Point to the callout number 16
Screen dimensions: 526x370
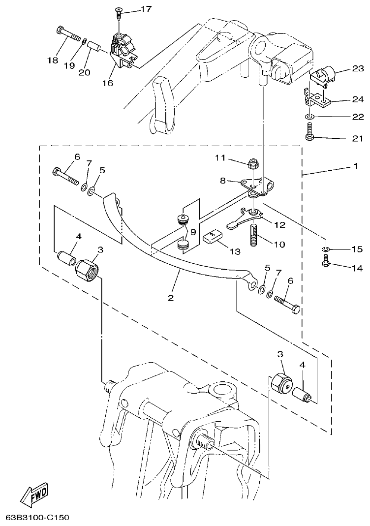(x=108, y=83)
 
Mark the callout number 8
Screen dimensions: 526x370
(x=223, y=181)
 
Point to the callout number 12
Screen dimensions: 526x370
(x=280, y=225)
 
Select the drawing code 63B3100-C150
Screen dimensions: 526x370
(x=37, y=517)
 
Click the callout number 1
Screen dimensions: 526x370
(x=355, y=166)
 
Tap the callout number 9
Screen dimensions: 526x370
(x=193, y=231)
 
